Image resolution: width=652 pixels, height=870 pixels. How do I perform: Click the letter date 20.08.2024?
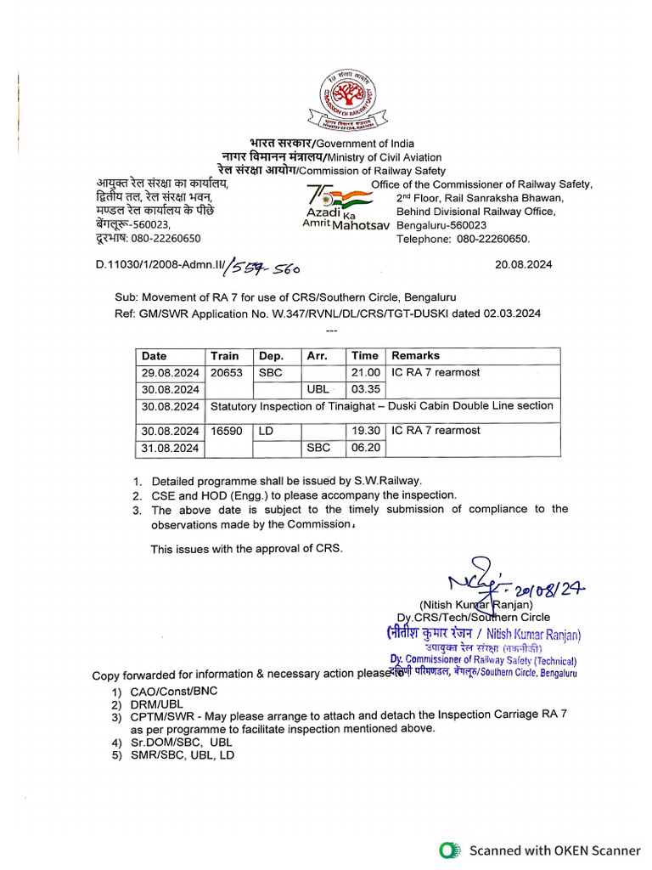point(523,264)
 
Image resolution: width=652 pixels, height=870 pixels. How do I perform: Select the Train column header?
point(225,356)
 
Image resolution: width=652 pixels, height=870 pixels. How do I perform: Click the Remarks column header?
point(415,356)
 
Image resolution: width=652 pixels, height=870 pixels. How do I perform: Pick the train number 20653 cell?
point(227,372)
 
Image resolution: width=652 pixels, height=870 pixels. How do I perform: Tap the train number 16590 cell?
point(227,431)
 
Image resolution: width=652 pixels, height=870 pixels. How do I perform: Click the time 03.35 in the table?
point(365,388)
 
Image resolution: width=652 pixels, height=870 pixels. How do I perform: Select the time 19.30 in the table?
point(365,431)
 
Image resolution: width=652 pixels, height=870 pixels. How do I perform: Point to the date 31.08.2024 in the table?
point(171,447)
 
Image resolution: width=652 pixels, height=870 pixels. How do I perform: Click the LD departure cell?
point(266,431)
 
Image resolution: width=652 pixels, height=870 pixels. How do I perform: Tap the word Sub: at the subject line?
point(126,297)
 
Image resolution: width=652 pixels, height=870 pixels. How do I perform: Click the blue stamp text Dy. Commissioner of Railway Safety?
point(483,660)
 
